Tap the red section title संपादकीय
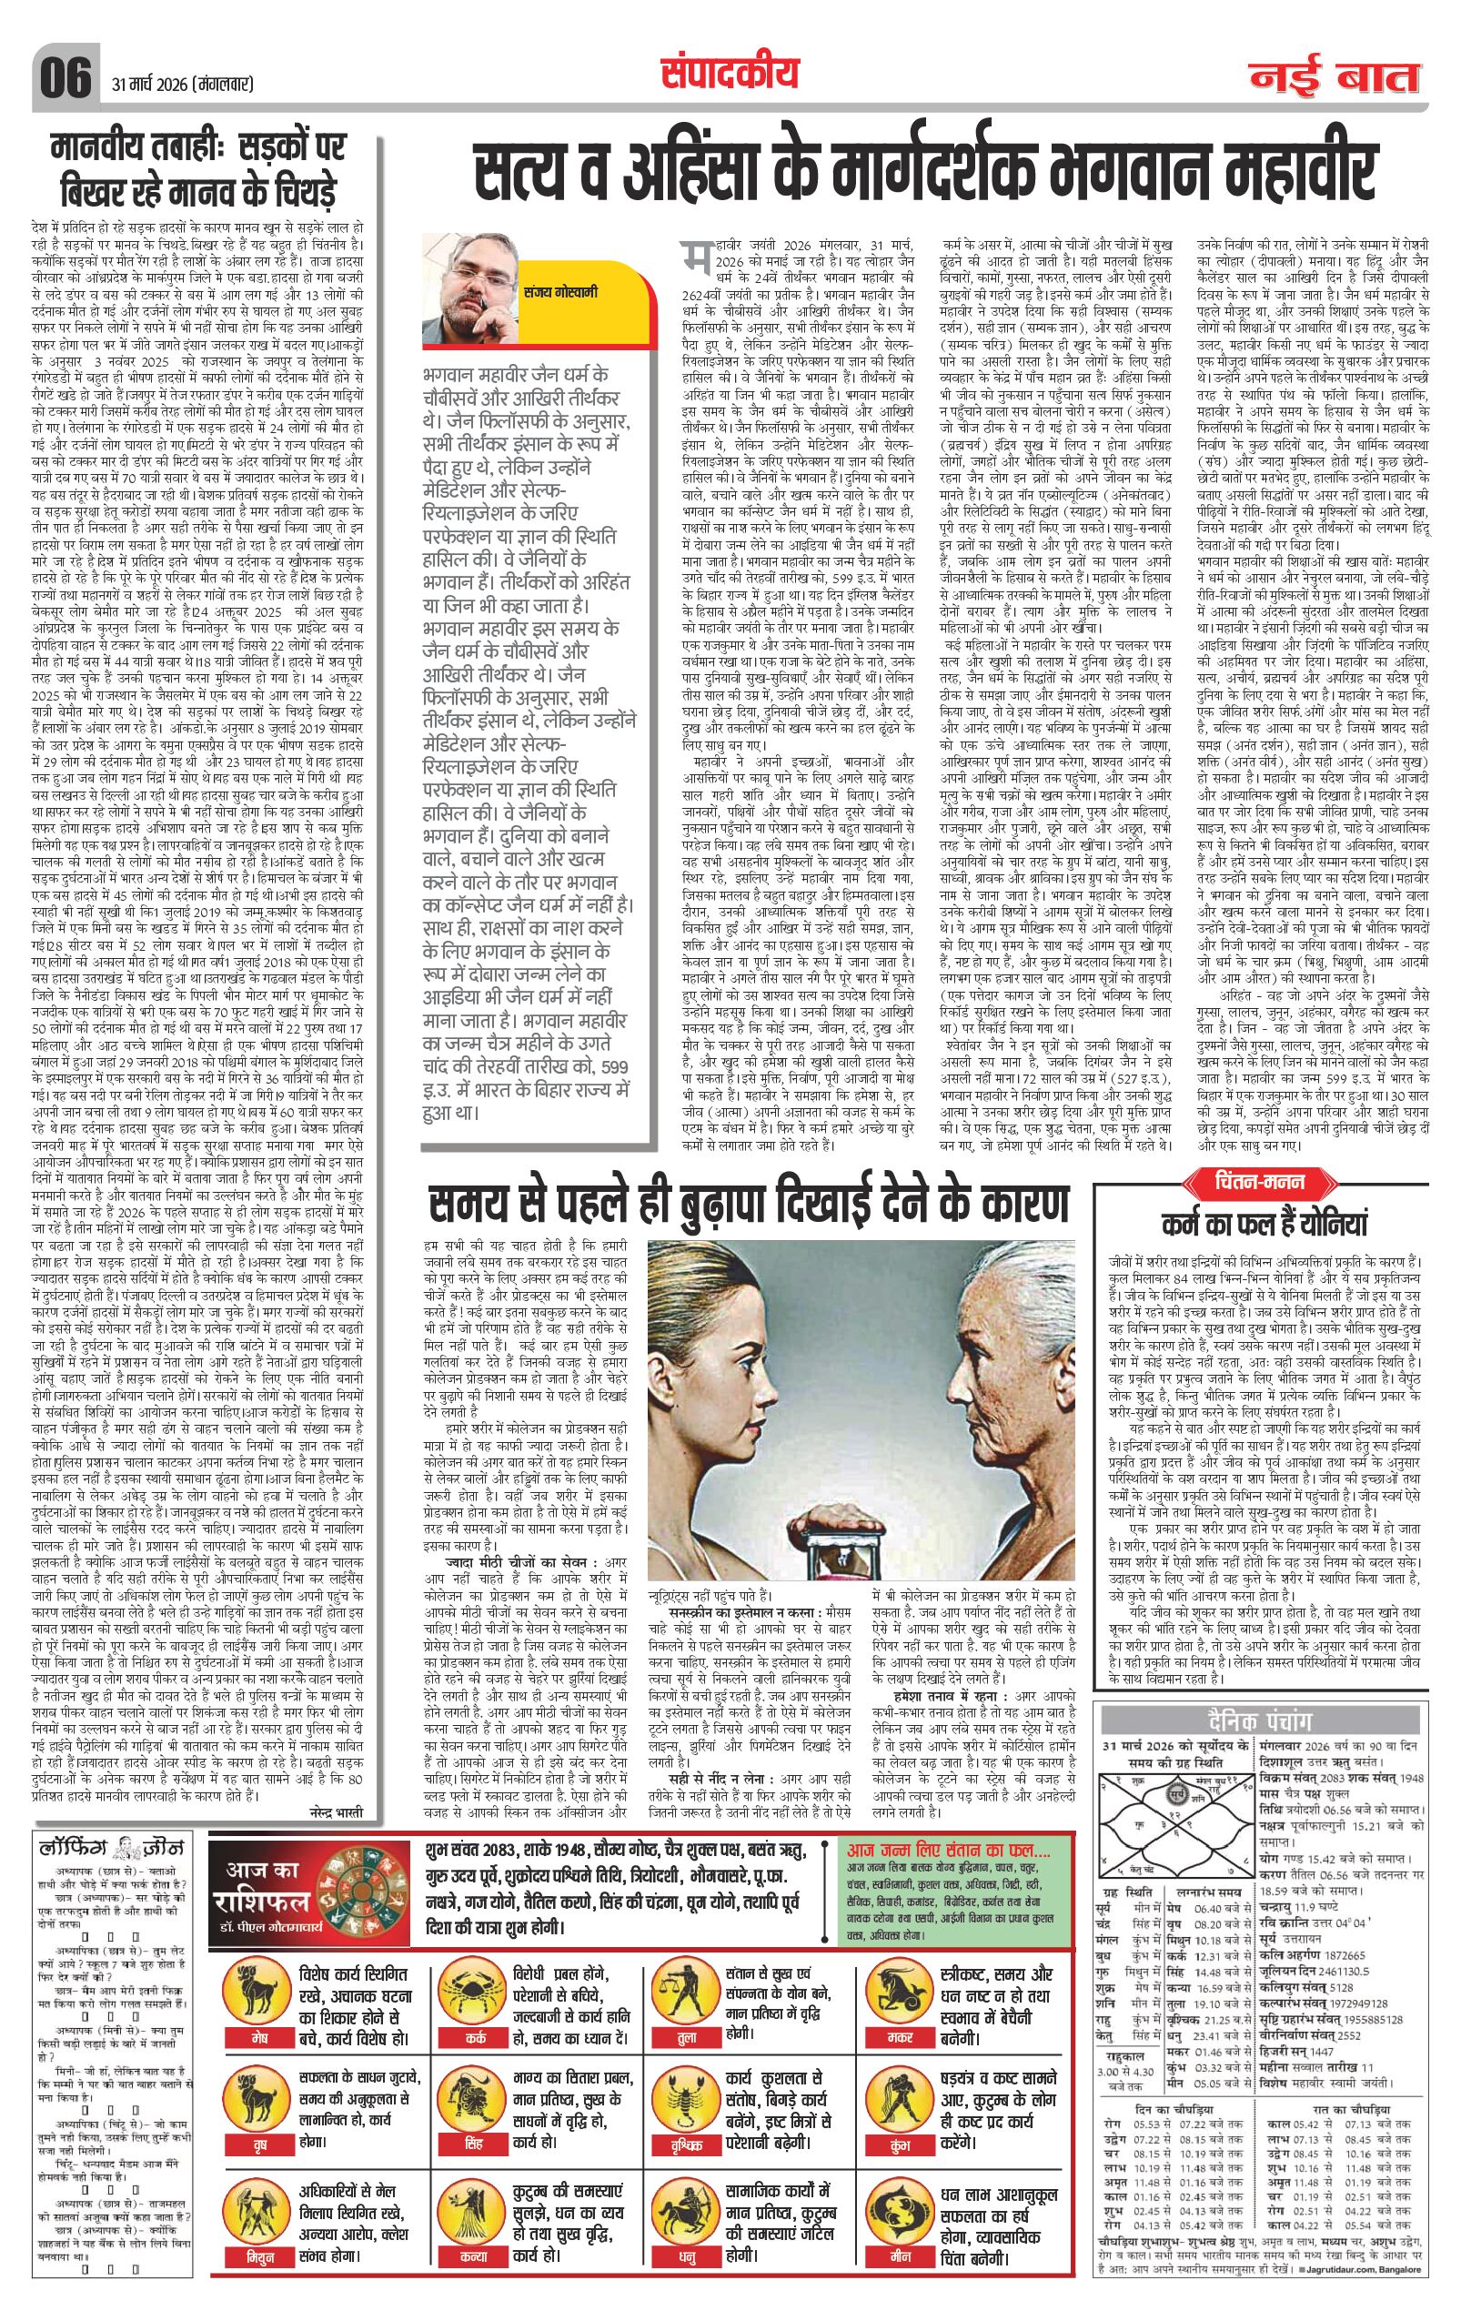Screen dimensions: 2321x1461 pyautogui.click(x=731, y=71)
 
